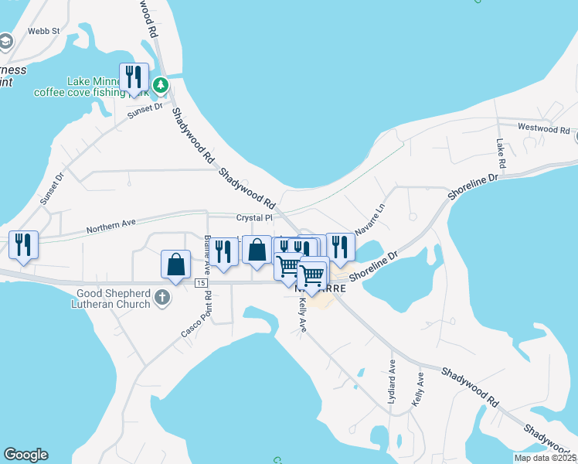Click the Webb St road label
(44, 31)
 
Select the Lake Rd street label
(501, 155)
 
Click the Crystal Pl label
(255, 218)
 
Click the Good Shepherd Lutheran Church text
(114, 299)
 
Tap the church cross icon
(162, 298)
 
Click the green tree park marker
(161, 84)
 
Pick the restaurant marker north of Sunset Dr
(134, 77)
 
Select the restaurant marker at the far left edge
(23, 245)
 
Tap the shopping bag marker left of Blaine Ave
(176, 264)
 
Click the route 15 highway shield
(201, 284)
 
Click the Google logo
(25, 455)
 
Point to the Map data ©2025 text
(545, 458)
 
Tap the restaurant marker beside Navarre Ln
(340, 247)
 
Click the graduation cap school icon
(5, 40)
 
